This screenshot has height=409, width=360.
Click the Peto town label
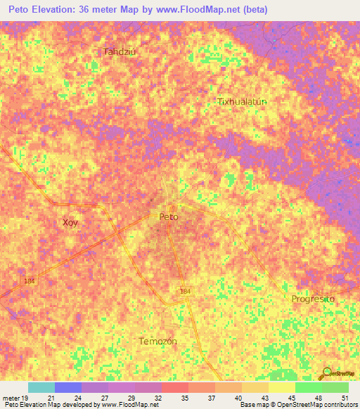click(x=169, y=217)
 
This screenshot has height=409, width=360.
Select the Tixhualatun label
click(x=242, y=101)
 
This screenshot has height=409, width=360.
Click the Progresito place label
click(x=314, y=299)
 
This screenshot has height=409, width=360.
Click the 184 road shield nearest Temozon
click(x=184, y=291)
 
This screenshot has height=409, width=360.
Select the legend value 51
click(x=344, y=398)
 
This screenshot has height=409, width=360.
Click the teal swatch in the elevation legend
click(x=41, y=387)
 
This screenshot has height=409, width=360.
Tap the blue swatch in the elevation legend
click(x=68, y=387)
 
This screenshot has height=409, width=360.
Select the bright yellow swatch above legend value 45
click(x=281, y=387)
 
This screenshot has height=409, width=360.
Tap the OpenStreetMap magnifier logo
click(x=326, y=374)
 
